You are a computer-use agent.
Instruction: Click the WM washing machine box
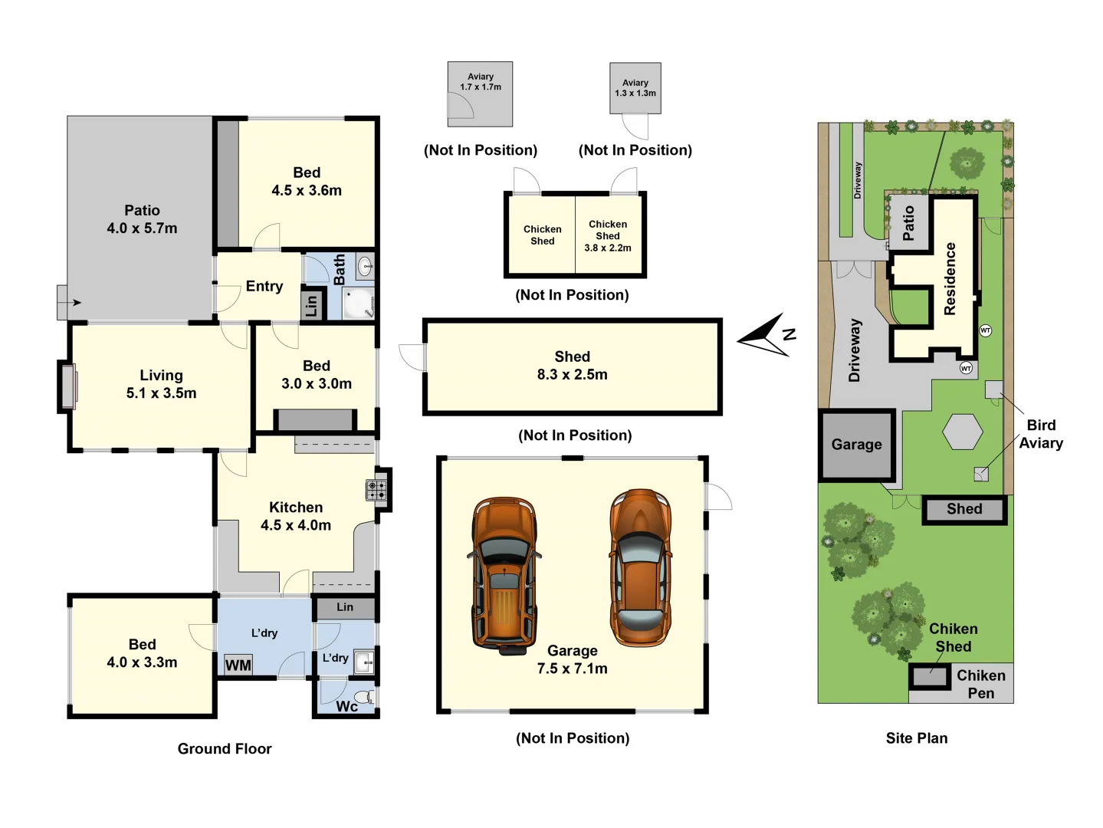pyautogui.click(x=238, y=665)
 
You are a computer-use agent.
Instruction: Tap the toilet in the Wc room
pyautogui.click(x=369, y=697)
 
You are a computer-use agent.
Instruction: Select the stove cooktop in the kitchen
pyautogui.click(x=376, y=490)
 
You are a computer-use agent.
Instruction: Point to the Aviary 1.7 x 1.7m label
pyautogui.click(x=481, y=82)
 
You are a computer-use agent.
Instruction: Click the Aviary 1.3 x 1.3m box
pyautogui.click(x=635, y=88)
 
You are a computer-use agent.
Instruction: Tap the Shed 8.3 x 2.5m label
pyautogui.click(x=572, y=366)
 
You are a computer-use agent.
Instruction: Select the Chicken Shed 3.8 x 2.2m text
pyautogui.click(x=608, y=236)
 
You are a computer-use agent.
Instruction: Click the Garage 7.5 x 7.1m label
pyautogui.click(x=572, y=659)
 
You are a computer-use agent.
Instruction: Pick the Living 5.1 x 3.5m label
pyautogui.click(x=161, y=384)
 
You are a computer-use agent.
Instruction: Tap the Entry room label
pyautogui.click(x=264, y=286)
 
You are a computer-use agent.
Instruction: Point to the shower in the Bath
pyautogui.click(x=358, y=303)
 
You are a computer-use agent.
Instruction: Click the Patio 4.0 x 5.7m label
pyautogui.click(x=142, y=219)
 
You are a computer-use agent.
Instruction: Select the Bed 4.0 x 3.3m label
pyautogui.click(x=142, y=653)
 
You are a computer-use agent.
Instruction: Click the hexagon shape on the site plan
pyautogui.click(x=963, y=432)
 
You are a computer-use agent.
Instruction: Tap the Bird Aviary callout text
pyautogui.click(x=1040, y=434)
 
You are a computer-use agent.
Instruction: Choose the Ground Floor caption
pyautogui.click(x=225, y=749)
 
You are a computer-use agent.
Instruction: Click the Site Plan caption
pyautogui.click(x=917, y=738)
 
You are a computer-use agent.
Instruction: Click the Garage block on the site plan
pyautogui.click(x=856, y=445)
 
